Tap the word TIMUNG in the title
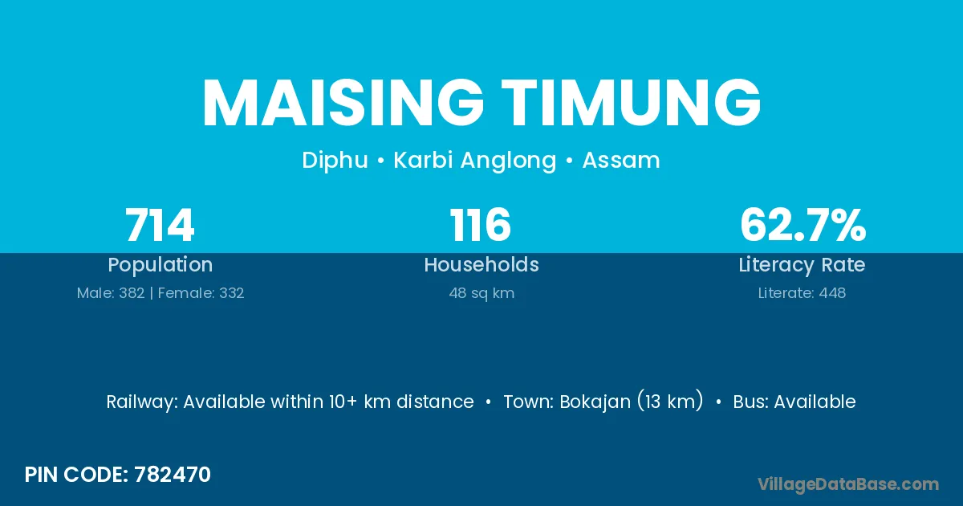tap(631, 103)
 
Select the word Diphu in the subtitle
tap(335, 161)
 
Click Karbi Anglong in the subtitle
tap(474, 161)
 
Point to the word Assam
tap(621, 160)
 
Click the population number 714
tap(160, 225)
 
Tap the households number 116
tap(480, 225)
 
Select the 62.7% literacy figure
tap(802, 225)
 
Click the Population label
tap(160, 265)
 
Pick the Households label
tap(481, 264)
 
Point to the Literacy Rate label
tap(802, 265)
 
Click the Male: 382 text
tap(111, 293)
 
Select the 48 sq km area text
tap(481, 293)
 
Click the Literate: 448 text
tap(802, 293)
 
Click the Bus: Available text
tap(794, 402)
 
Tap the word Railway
tap(142, 402)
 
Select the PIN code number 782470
tap(173, 475)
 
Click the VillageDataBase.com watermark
tap(848, 485)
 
